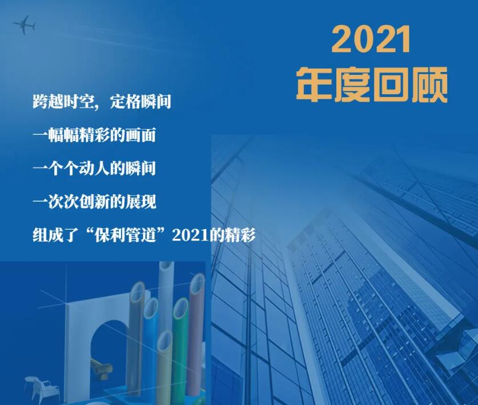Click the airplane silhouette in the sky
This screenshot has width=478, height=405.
pos(25,25)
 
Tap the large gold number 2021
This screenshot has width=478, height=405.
pos(371,39)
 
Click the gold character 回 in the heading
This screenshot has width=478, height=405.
pos(391,85)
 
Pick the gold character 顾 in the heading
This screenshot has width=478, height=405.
pos(429,85)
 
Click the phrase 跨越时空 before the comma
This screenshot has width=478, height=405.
pos(63,102)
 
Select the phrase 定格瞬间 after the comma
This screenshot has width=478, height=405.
pos(140,102)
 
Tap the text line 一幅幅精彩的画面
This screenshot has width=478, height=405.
pos(94,135)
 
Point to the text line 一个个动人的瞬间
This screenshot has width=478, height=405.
pos(94,169)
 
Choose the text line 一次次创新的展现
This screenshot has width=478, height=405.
pos(94,202)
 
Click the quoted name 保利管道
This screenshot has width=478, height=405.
pos(125,235)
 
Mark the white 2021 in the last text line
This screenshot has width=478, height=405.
pos(191,235)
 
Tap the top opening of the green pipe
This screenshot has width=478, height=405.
pos(180,307)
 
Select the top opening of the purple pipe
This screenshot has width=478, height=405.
pos(198,283)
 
